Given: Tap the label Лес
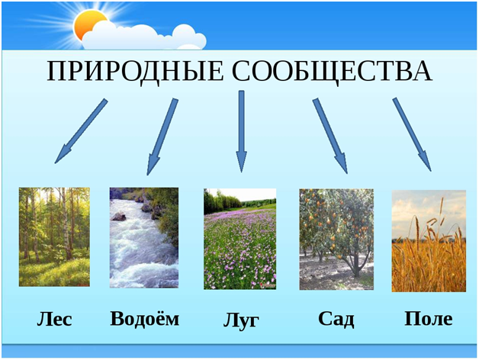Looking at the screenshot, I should [x=54, y=318].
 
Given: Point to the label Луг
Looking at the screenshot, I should [x=241, y=320].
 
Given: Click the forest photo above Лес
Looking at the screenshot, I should [x=54, y=236].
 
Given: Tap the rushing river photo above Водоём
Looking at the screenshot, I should [x=144, y=237].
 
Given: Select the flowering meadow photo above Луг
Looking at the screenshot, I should [x=239, y=239].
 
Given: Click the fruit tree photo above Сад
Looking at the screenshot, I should [x=336, y=238].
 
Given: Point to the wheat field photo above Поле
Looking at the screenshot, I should [x=428, y=241].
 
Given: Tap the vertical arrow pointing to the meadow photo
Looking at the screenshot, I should [x=241, y=130].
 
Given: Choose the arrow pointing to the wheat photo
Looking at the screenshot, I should [x=412, y=133].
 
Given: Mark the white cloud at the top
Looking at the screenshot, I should [x=145, y=34].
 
